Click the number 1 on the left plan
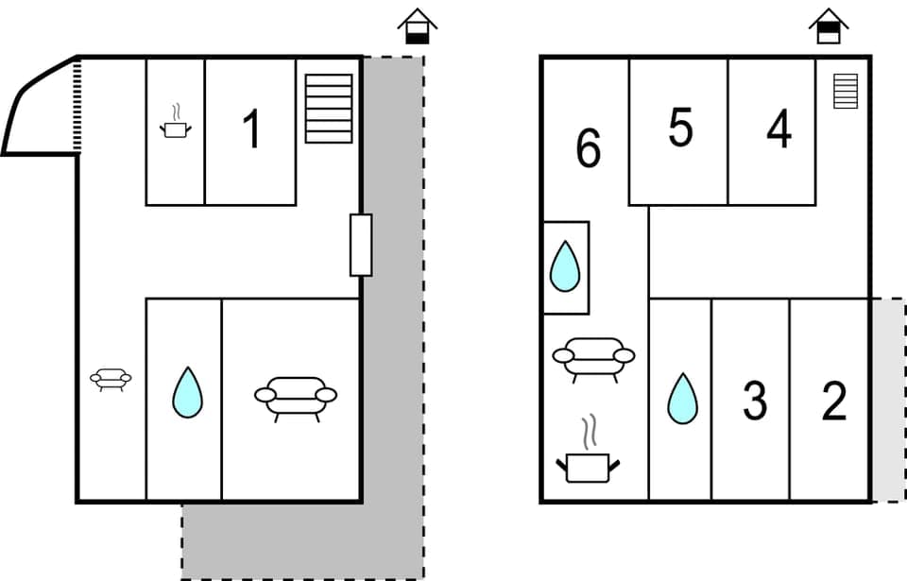pos(251,129)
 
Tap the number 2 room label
pos(834,402)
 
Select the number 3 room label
pos(754,402)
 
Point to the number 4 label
pos(779,129)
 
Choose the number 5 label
pos(680,128)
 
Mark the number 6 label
pos(588,148)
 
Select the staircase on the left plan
pos(329,108)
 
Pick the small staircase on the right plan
pos(846,91)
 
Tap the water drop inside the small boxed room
pos(565,266)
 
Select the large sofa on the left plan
pos(296,397)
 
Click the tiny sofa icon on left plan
pos(111,379)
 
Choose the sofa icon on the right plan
pos(593,358)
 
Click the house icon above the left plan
pos(417,26)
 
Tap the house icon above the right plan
pos(829,26)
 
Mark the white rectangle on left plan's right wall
pos(361,245)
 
